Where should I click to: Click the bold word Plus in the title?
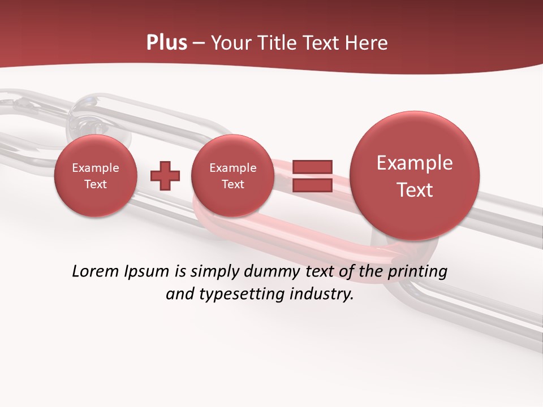[167, 43]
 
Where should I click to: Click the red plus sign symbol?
[165, 175]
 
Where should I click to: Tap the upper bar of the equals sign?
[312, 167]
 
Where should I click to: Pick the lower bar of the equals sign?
[312, 185]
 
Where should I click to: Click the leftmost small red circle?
[96, 175]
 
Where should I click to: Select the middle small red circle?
[233, 175]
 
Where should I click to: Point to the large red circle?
[415, 176]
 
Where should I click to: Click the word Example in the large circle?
[415, 163]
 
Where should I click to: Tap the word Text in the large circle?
[415, 190]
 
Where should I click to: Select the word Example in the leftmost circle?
[96, 168]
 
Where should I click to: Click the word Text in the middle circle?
[233, 184]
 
